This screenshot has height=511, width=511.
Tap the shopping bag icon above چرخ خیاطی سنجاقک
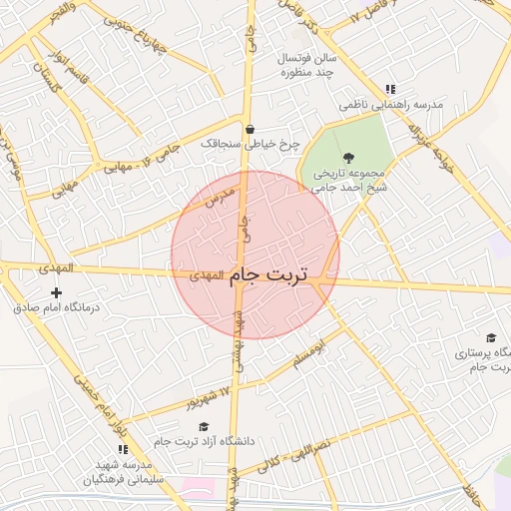pos(249,129)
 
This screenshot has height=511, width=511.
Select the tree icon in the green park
pos(347,158)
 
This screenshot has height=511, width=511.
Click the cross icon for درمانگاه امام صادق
pos(56,293)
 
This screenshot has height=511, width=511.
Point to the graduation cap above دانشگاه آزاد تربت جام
pos(204,427)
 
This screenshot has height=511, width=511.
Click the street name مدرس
pos(219,195)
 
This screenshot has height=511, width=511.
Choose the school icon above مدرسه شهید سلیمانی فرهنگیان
pos(123,450)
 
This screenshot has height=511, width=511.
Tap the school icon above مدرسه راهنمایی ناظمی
pos(390,90)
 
